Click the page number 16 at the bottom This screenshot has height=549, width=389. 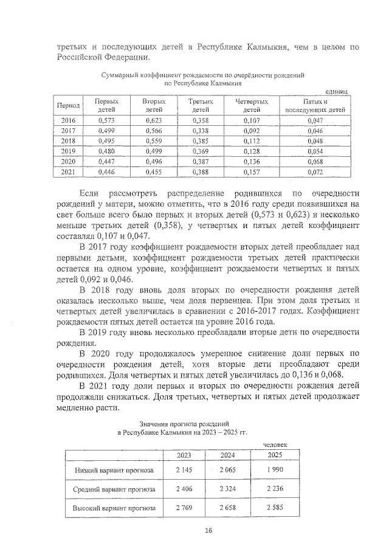pyautogui.click(x=208, y=530)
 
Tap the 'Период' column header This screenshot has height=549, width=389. pyautogui.click(x=68, y=106)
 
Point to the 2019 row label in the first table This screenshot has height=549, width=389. pyautogui.click(x=68, y=151)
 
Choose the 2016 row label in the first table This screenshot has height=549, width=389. pyautogui.click(x=68, y=120)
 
